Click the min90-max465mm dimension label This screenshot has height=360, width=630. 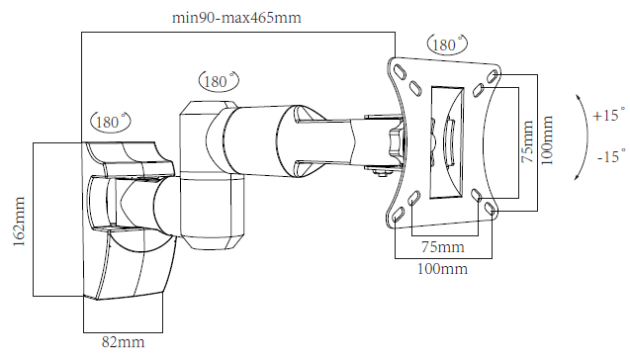[236, 18]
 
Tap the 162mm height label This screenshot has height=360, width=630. [19, 222]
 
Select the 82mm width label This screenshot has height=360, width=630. [123, 342]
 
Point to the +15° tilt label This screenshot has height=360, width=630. [608, 115]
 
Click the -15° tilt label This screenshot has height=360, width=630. [611, 155]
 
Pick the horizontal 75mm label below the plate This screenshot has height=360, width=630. [442, 246]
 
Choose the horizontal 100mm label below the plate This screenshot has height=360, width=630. [442, 268]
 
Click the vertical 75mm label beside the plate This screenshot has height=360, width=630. [527, 141]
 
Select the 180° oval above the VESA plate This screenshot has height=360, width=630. [448, 45]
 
